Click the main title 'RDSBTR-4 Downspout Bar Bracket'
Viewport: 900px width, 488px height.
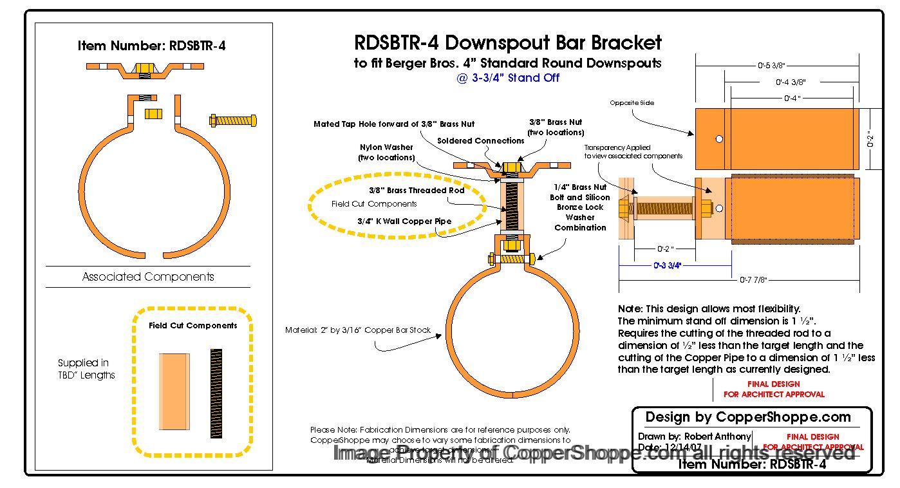(508, 43)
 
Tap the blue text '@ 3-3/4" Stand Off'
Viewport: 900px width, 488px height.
(508, 78)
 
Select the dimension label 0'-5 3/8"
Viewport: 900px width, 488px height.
(771, 66)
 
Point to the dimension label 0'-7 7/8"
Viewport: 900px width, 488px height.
(753, 280)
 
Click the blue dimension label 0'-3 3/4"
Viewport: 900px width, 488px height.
(668, 265)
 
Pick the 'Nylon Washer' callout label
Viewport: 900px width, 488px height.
(386, 153)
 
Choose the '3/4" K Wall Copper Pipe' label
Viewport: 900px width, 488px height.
(404, 221)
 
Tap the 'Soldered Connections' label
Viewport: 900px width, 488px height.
(480, 140)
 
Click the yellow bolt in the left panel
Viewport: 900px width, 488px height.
(233, 120)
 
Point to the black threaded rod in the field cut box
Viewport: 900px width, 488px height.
(216, 393)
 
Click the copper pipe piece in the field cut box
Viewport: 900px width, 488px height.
(174, 391)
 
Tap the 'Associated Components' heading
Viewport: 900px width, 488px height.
(148, 277)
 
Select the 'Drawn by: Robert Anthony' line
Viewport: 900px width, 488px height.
(694, 436)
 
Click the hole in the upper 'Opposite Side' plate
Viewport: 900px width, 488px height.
(719, 139)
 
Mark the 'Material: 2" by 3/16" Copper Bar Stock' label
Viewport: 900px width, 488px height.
(358, 330)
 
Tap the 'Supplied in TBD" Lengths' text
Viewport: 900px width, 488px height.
(86, 369)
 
